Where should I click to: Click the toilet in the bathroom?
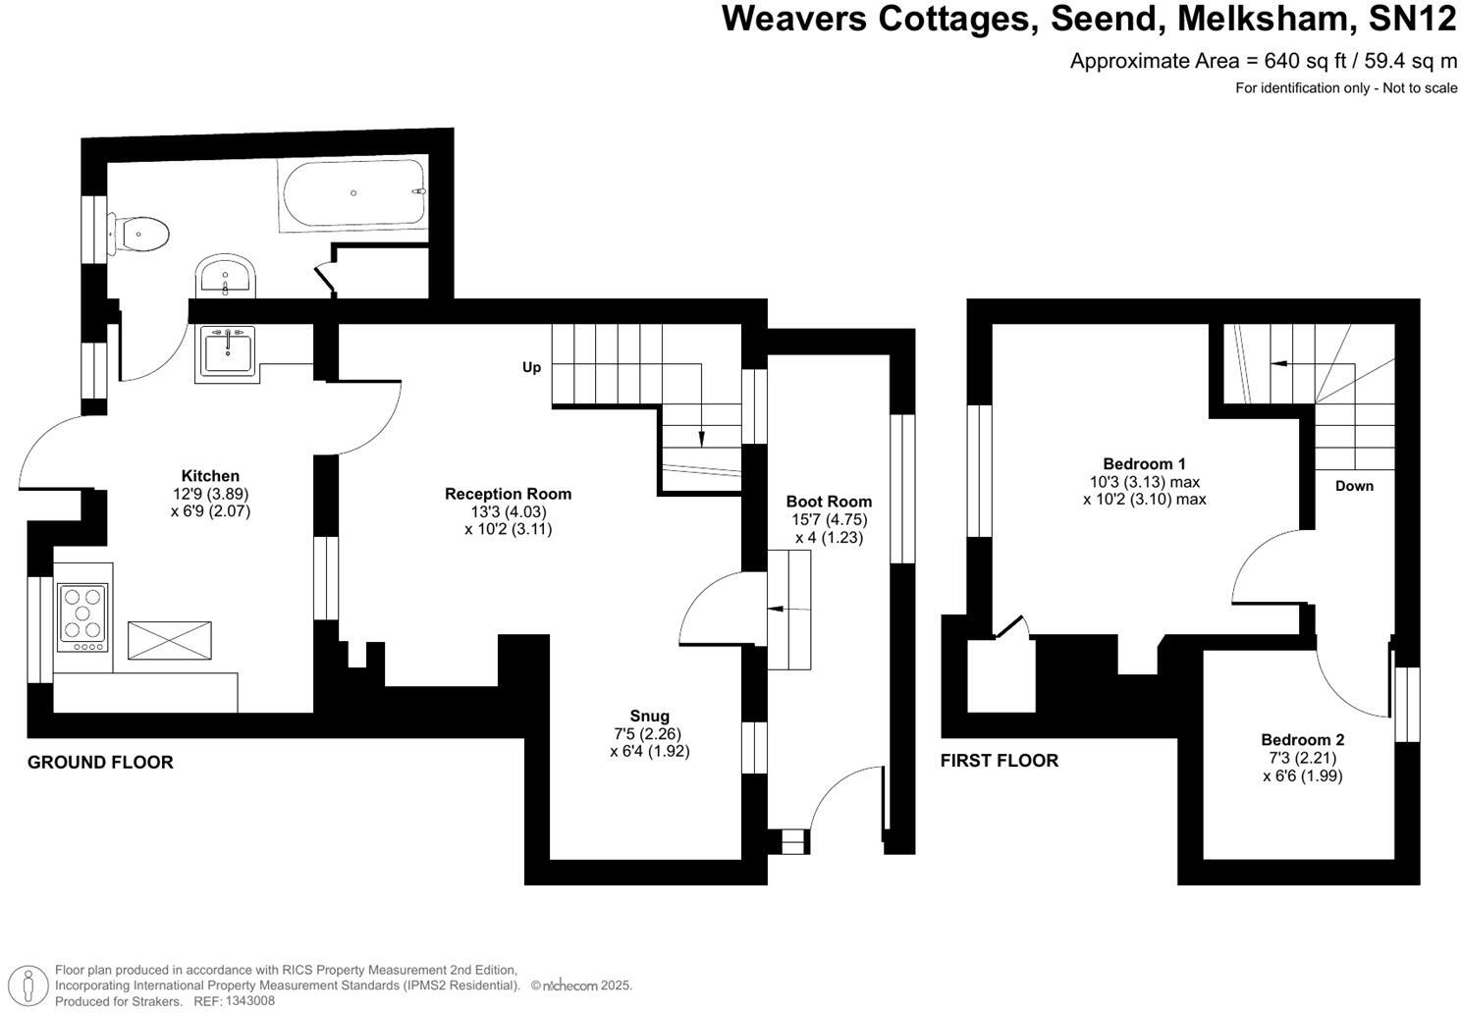pyautogui.click(x=138, y=234)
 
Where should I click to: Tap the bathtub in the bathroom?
pyautogui.click(x=353, y=193)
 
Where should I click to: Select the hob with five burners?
pyautogui.click(x=82, y=617)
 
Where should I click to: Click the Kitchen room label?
pyautogui.click(x=210, y=476)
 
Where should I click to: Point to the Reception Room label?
pyautogui.click(x=508, y=494)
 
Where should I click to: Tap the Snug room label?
pyautogui.click(x=650, y=717)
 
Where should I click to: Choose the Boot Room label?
pyautogui.click(x=829, y=502)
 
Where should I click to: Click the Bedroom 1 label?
pyautogui.click(x=1144, y=464)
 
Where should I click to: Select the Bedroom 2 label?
pyautogui.click(x=1303, y=740)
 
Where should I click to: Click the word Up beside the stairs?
pyautogui.click(x=531, y=368)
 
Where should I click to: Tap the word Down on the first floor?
pyautogui.click(x=1354, y=486)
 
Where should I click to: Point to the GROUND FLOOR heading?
pyautogui.click(x=100, y=762)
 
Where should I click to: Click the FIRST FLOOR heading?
pyautogui.click(x=1000, y=760)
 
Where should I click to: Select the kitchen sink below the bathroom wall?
pyautogui.click(x=228, y=352)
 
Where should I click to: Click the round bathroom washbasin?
pyautogui.click(x=225, y=276)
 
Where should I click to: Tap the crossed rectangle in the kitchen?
pyautogui.click(x=170, y=641)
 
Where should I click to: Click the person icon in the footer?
pyautogui.click(x=28, y=985)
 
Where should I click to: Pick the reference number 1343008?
pyautogui.click(x=249, y=1001)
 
